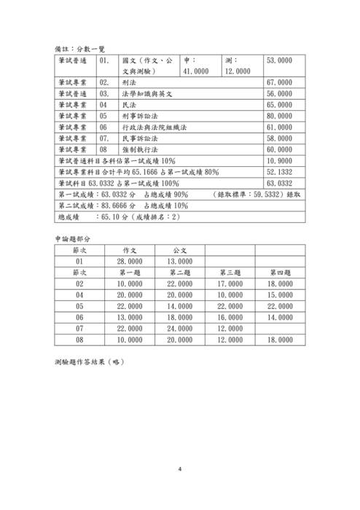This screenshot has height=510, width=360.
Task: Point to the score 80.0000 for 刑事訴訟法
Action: [x=281, y=115]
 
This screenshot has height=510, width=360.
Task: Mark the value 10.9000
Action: [x=281, y=160]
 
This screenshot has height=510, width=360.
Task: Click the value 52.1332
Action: [x=281, y=171]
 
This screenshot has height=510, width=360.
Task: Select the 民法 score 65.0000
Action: [x=281, y=104]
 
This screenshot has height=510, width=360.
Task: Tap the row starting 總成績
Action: [x=117, y=216]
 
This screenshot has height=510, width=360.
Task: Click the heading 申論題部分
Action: [x=75, y=238]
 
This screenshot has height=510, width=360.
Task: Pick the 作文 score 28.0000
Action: [x=130, y=261]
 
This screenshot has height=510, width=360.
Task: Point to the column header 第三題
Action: [x=230, y=272]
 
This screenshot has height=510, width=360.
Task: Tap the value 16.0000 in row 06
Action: [x=230, y=317]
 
